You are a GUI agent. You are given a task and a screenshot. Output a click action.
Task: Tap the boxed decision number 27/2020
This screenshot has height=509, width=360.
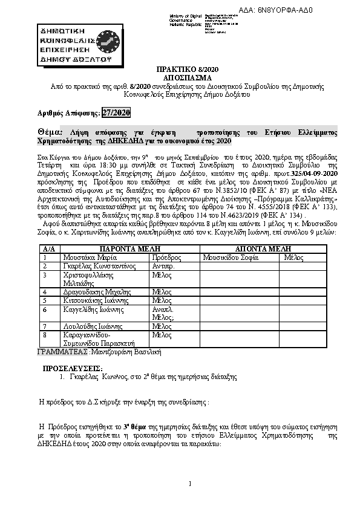(115, 112)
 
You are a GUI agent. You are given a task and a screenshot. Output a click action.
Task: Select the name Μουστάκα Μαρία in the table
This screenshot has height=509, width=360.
(86, 257)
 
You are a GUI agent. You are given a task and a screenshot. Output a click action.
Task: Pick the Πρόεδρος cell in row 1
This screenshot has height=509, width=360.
(165, 257)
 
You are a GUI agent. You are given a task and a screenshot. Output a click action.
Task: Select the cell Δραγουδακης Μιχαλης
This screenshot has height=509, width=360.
(94, 291)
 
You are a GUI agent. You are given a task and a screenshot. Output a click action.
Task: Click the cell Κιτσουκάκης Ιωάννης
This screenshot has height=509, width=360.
(93, 300)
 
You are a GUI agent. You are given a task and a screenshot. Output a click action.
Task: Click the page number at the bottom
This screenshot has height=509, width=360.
(189, 484)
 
